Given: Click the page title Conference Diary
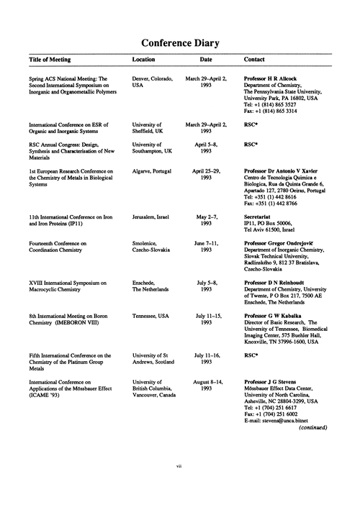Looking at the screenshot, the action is [x=180, y=43].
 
